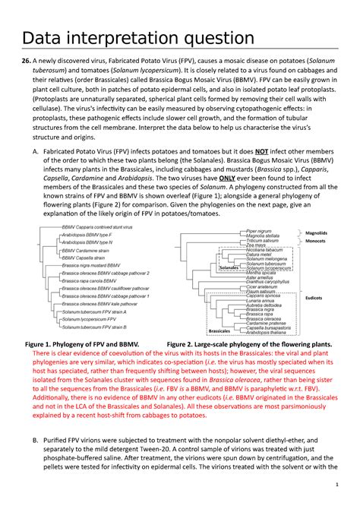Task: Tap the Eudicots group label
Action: click(x=314, y=299)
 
